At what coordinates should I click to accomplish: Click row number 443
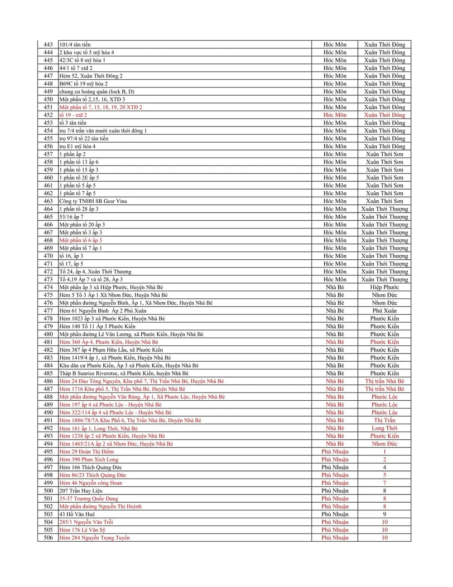48,44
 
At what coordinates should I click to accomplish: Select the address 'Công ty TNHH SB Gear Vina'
93,201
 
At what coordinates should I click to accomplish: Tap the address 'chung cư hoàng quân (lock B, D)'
96,92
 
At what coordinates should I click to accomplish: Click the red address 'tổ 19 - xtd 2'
73,115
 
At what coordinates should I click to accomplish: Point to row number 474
48,287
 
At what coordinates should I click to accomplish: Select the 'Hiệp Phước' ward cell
384,287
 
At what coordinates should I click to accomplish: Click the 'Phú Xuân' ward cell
384,311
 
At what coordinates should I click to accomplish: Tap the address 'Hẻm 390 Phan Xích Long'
89,460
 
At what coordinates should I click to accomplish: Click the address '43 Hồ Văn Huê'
77,514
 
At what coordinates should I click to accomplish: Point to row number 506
48,538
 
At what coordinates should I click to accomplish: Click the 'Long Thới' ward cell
384,428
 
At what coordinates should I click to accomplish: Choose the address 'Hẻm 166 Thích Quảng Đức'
91,467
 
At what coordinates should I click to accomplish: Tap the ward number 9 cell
384,514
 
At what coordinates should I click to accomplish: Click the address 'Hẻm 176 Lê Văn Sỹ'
82,530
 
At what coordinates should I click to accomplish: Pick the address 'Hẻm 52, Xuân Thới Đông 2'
91,76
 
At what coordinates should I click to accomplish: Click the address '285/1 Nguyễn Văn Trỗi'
86,522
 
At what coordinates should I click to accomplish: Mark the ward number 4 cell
384,467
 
